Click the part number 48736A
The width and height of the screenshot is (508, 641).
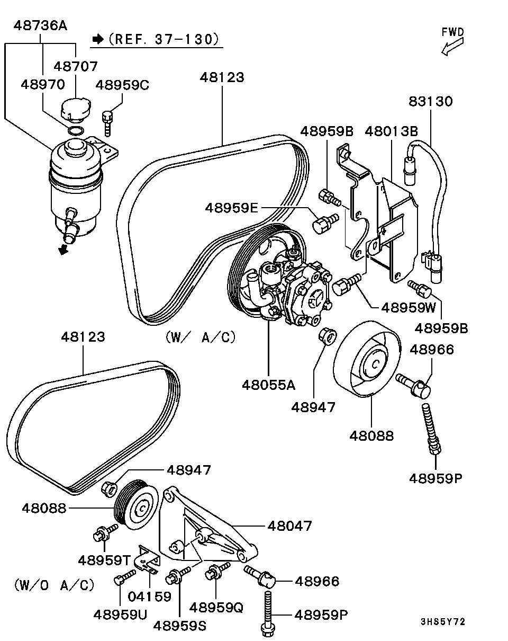click(40, 25)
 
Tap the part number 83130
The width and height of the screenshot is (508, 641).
click(431, 101)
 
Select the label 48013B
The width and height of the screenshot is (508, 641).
click(391, 131)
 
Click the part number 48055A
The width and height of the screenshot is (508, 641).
click(268, 384)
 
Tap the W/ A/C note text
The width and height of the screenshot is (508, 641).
click(200, 337)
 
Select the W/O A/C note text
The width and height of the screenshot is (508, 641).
click(54, 585)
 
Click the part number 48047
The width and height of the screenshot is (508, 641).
click(289, 526)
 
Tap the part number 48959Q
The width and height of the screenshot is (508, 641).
click(216, 607)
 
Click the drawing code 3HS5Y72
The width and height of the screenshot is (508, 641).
click(443, 621)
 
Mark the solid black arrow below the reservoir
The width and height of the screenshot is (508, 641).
click(64, 249)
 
